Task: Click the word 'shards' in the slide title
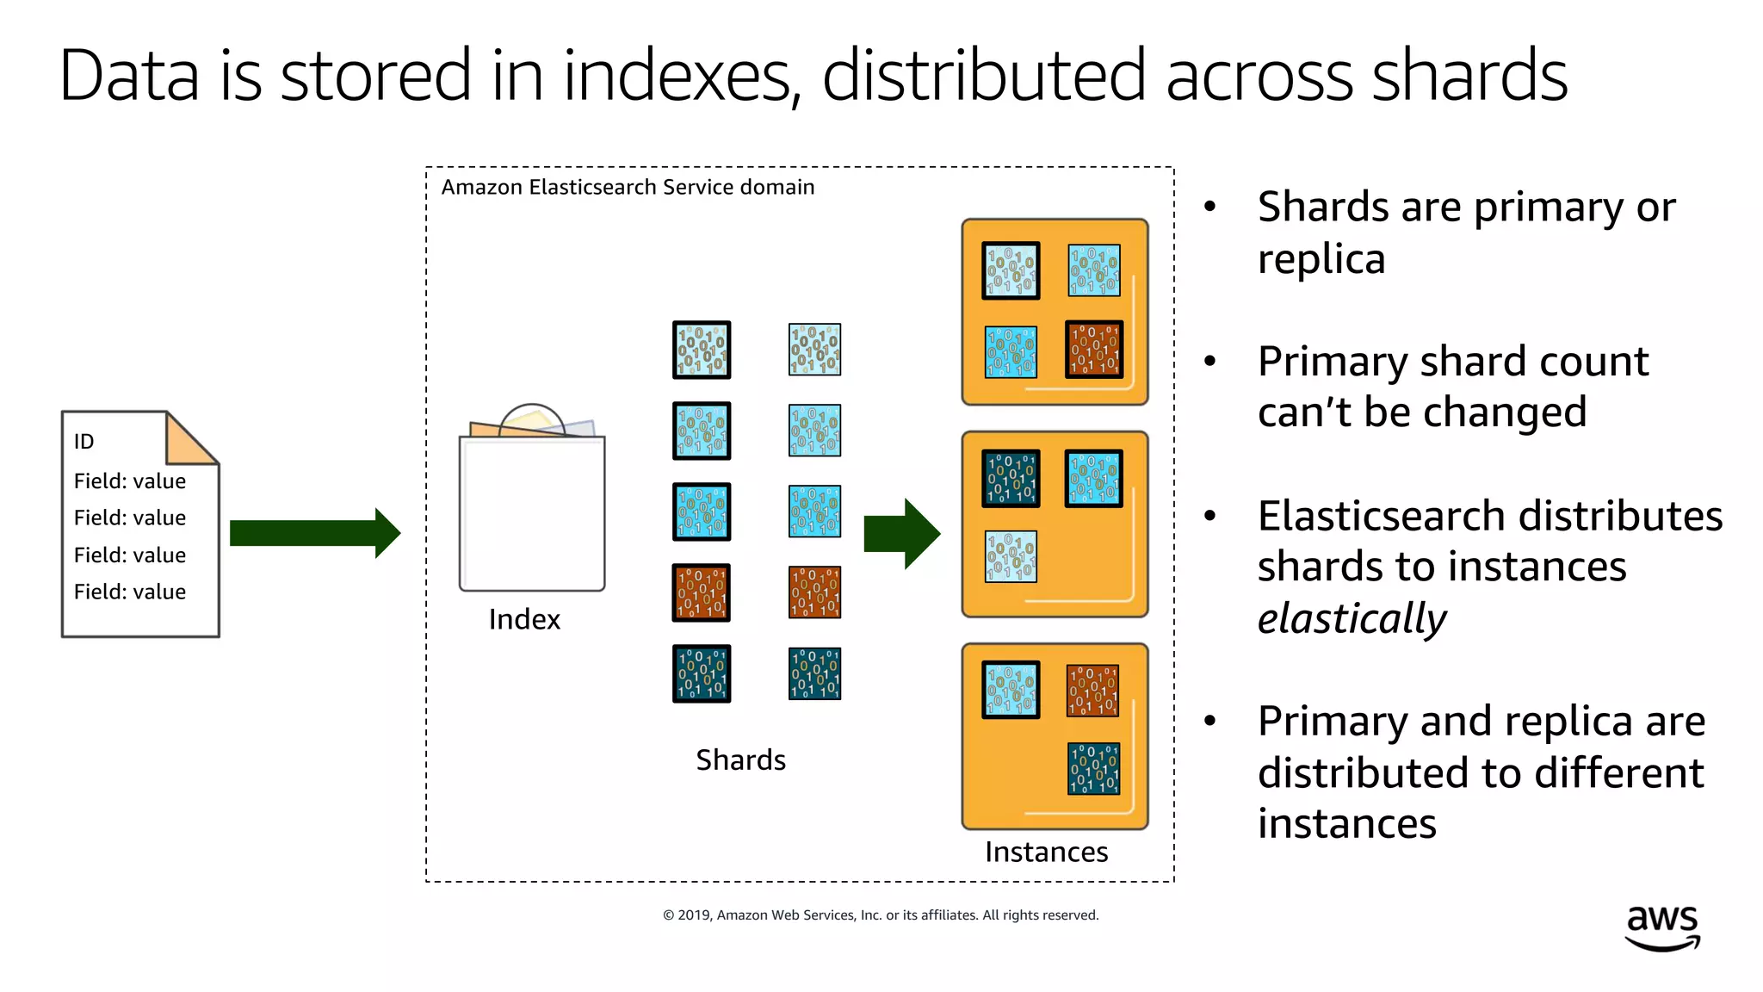coord(1469,76)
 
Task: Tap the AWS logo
coord(1662,928)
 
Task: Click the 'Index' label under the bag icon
coord(523,619)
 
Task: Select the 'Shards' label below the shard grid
coord(740,759)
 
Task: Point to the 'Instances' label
coord(1046,852)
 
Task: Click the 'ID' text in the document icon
coord(84,442)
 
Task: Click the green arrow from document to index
coord(314,533)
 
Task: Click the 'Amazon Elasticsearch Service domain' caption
coord(628,187)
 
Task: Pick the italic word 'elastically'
coord(1352,618)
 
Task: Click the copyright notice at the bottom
coord(881,914)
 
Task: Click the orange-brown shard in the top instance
coord(1094,350)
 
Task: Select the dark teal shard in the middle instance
coord(1011,478)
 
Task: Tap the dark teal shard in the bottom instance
coord(1093,768)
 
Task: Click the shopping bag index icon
coord(532,508)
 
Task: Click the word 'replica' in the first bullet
coord(1321,258)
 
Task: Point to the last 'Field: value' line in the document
coord(130,592)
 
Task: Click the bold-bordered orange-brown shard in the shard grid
coord(702,592)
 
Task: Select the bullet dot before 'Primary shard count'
coord(1210,362)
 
